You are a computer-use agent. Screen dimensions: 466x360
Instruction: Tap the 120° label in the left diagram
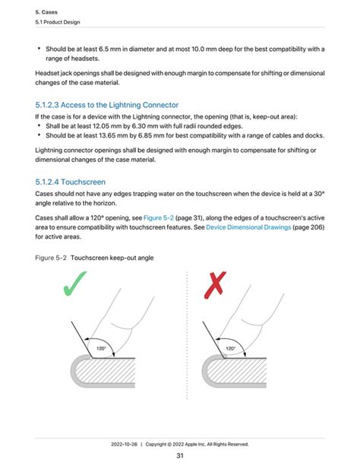pyautogui.click(x=100, y=349)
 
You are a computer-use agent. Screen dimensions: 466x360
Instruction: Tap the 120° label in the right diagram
pyautogui.click(x=229, y=349)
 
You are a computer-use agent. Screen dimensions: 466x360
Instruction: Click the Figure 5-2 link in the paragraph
pyautogui.click(x=158, y=217)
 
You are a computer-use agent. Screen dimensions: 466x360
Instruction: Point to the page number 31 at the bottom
pyautogui.click(x=180, y=455)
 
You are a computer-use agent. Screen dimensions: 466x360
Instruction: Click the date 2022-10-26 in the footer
pyautogui.click(x=125, y=444)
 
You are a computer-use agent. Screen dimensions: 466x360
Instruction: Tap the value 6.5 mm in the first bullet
pyautogui.click(x=109, y=49)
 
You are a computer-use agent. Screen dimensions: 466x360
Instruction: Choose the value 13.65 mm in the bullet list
pyautogui.click(x=118, y=135)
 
